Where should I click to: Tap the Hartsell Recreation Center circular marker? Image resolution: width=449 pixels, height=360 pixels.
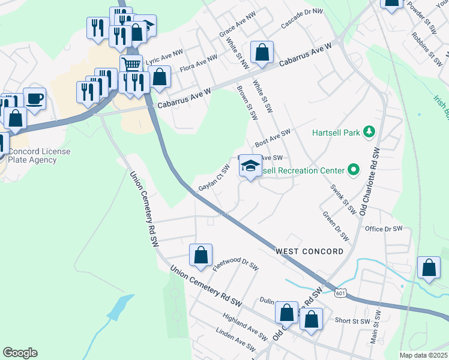(354, 171)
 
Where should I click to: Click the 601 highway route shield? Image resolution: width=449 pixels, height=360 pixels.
(340, 292)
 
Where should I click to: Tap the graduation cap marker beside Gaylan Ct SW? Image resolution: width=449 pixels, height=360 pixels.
(250, 166)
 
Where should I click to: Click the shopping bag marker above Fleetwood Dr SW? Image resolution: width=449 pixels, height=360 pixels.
(200, 254)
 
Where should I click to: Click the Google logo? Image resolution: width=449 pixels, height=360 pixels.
(20, 353)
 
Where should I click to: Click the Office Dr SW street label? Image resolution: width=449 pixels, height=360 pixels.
(383, 229)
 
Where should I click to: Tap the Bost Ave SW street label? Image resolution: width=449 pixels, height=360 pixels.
(273, 139)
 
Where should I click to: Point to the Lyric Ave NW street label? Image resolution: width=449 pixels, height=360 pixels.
(164, 57)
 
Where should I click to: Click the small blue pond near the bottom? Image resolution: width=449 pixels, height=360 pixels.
(121, 308)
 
